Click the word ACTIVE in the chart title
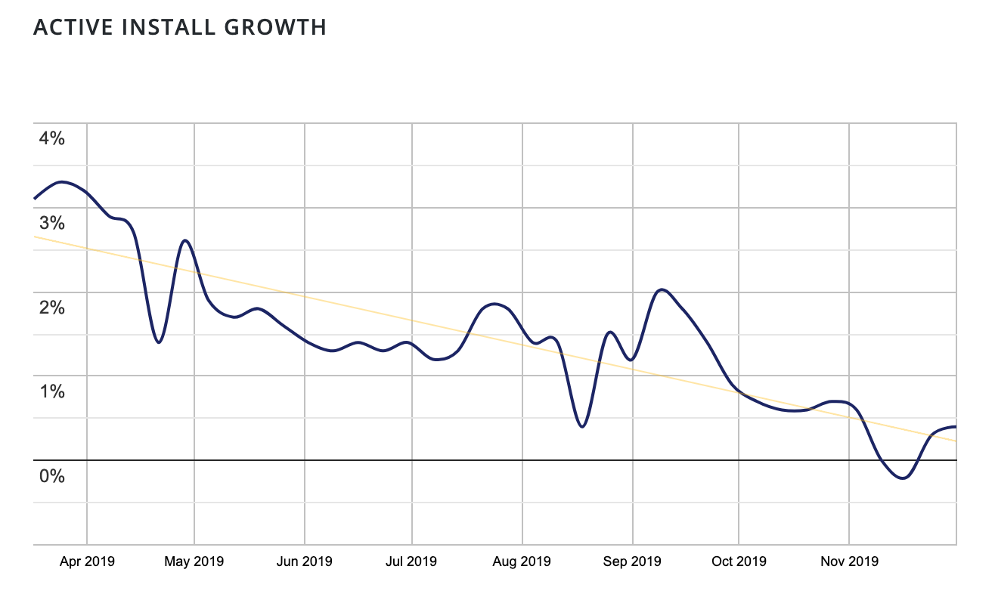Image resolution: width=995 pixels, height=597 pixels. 71,27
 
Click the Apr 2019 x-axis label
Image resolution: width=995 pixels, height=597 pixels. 87,561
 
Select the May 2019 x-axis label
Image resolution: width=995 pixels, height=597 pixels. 195,561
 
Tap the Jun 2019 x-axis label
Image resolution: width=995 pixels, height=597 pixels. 304,561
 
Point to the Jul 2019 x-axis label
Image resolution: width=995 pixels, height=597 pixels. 412,561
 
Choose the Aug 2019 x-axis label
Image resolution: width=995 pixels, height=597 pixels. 522,561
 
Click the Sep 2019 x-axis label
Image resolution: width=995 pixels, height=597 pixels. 633,561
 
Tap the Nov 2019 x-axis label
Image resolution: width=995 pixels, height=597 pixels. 850,561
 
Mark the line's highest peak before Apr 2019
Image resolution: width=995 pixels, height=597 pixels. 62,182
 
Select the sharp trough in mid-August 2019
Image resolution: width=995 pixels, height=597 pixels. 581,427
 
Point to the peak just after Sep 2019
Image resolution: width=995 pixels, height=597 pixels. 662,289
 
